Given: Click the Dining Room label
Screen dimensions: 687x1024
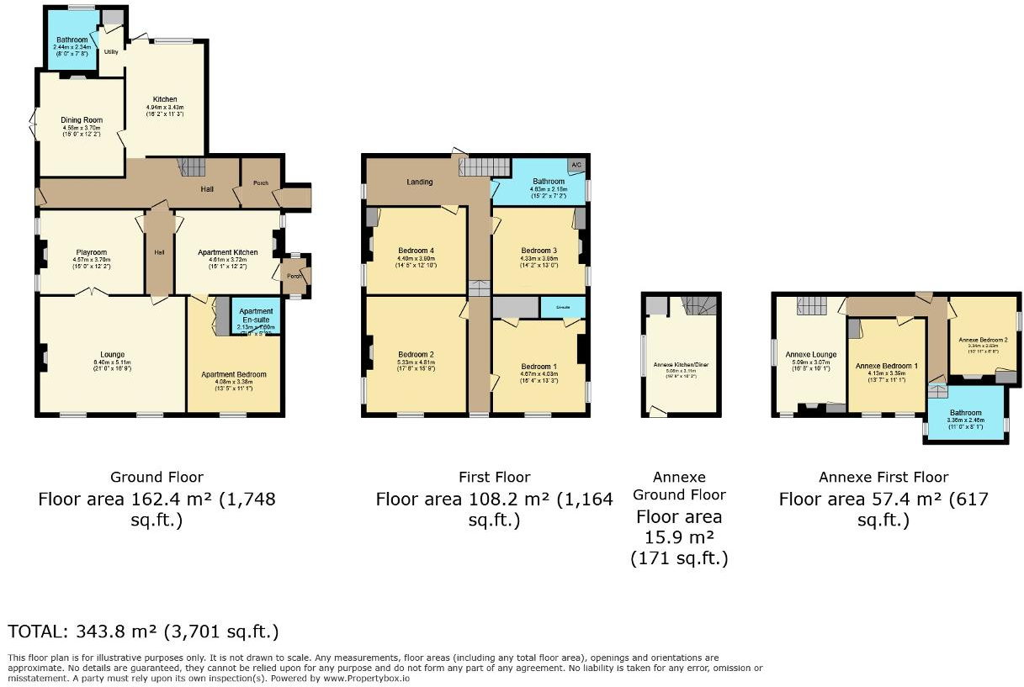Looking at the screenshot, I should tap(82, 120).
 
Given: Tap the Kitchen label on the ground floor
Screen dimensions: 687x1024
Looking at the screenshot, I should tap(164, 99).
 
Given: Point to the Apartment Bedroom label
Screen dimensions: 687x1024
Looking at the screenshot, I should tap(234, 374).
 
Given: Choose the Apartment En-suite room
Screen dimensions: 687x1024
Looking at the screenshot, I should tap(256, 316).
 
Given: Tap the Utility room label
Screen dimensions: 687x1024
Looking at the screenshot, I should tap(111, 51).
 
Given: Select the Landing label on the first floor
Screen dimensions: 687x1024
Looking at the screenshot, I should tap(420, 182).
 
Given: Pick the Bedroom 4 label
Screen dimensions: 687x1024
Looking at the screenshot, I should tap(415, 251).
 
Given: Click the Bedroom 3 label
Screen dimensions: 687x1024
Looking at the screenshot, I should tap(539, 251).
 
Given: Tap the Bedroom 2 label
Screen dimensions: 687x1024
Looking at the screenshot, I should tap(415, 354).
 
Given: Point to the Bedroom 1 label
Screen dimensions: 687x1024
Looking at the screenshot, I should tap(539, 366).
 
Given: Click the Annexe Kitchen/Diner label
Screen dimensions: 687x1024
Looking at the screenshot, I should tap(679, 364).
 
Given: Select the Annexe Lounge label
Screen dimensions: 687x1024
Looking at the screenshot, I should tap(810, 354).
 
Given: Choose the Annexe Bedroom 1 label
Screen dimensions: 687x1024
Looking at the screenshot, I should tap(886, 366).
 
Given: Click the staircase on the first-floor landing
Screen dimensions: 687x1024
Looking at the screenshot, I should tap(484, 166).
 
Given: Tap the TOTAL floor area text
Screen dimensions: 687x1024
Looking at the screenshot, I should tap(143, 631).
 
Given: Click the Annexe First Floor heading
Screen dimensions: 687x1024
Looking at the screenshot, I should tap(883, 477).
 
